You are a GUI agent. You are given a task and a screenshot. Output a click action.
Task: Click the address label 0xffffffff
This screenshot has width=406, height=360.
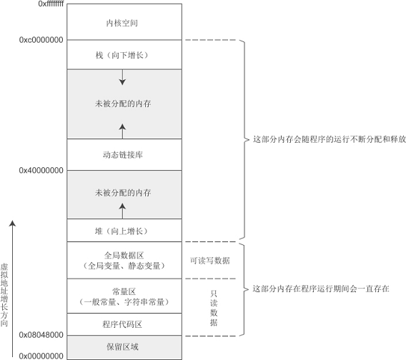(51, 4)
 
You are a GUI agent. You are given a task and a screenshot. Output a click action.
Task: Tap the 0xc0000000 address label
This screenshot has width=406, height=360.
(41, 40)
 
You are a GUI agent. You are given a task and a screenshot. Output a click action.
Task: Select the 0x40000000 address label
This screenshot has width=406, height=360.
(41, 170)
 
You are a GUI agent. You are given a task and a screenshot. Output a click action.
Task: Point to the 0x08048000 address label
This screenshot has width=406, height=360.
(41, 335)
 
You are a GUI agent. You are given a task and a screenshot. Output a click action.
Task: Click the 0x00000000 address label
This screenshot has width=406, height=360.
(41, 356)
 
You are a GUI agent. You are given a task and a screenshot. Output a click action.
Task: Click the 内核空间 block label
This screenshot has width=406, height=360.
(122, 23)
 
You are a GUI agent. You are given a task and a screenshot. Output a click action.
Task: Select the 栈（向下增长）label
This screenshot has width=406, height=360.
(122, 55)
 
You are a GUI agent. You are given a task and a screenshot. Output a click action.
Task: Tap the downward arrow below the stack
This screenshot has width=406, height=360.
(122, 77)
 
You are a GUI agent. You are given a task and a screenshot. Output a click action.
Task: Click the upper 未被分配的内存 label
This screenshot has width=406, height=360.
(123, 104)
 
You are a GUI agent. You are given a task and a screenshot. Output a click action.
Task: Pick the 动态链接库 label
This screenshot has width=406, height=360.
(123, 155)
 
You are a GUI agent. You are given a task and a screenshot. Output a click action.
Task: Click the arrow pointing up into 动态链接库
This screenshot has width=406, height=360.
(122, 131)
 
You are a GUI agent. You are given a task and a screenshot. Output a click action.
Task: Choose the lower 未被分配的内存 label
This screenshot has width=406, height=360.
(123, 193)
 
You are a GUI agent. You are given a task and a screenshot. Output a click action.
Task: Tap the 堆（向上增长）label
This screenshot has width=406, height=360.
(122, 231)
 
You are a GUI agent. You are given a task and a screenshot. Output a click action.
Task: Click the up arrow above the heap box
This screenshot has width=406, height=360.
(122, 211)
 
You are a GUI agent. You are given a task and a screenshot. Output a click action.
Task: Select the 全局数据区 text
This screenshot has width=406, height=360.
(124, 256)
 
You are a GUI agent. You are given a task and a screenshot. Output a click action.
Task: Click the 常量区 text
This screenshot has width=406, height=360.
(124, 291)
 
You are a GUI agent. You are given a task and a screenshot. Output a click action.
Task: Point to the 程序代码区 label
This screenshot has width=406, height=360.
(122, 324)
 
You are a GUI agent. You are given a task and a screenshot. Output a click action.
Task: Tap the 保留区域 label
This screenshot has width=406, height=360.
(122, 347)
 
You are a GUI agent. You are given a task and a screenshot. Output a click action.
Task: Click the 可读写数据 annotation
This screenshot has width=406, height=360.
(210, 261)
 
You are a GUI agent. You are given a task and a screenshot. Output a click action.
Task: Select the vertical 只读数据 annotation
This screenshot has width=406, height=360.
(214, 308)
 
